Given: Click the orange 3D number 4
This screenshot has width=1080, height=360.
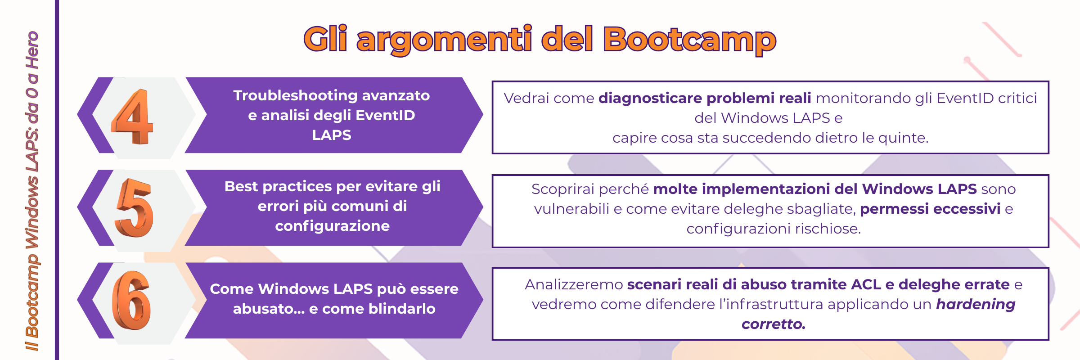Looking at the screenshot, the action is tap(133, 117).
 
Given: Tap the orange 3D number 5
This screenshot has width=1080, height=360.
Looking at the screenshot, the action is tap(134, 207).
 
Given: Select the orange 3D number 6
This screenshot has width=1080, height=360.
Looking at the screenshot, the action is tap(131, 300).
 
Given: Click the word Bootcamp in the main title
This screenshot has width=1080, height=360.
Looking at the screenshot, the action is tap(689, 40).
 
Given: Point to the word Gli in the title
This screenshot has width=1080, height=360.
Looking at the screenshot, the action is tap(325, 38).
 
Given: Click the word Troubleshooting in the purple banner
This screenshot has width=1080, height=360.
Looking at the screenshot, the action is tap(295, 95).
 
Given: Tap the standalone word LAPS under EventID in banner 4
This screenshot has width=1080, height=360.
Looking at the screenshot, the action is tap(332, 135).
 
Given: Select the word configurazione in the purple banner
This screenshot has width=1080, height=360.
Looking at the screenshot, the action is tap(333, 226).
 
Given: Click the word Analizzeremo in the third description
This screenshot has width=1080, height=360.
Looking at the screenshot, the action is tap(574, 285).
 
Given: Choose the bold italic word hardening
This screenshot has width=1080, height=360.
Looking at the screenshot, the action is tap(976, 305).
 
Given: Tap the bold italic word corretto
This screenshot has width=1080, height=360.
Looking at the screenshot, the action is tap(774, 324).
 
